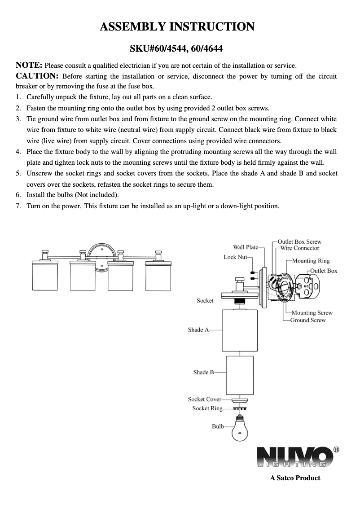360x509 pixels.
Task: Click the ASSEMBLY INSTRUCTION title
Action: coord(177,27)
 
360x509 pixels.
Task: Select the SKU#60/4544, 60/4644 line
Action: coord(177,48)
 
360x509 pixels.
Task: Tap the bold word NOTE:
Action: coord(29,65)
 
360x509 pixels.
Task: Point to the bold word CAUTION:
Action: coord(37,75)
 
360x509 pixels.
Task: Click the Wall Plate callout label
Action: coord(246,247)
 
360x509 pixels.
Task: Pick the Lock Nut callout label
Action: coord(235,257)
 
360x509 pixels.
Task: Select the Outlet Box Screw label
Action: coord(299,241)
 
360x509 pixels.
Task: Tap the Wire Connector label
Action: coord(299,248)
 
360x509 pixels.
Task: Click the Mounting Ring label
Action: coord(311,261)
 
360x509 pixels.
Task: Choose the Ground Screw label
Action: coord(307,320)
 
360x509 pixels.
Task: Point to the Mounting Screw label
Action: coord(312,313)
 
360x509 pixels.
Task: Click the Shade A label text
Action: coord(198,330)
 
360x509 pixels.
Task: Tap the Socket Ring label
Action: coord(207,408)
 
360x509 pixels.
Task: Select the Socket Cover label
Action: coord(205,399)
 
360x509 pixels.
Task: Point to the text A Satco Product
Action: coord(295,478)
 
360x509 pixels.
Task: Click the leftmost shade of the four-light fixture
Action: coord(47,279)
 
